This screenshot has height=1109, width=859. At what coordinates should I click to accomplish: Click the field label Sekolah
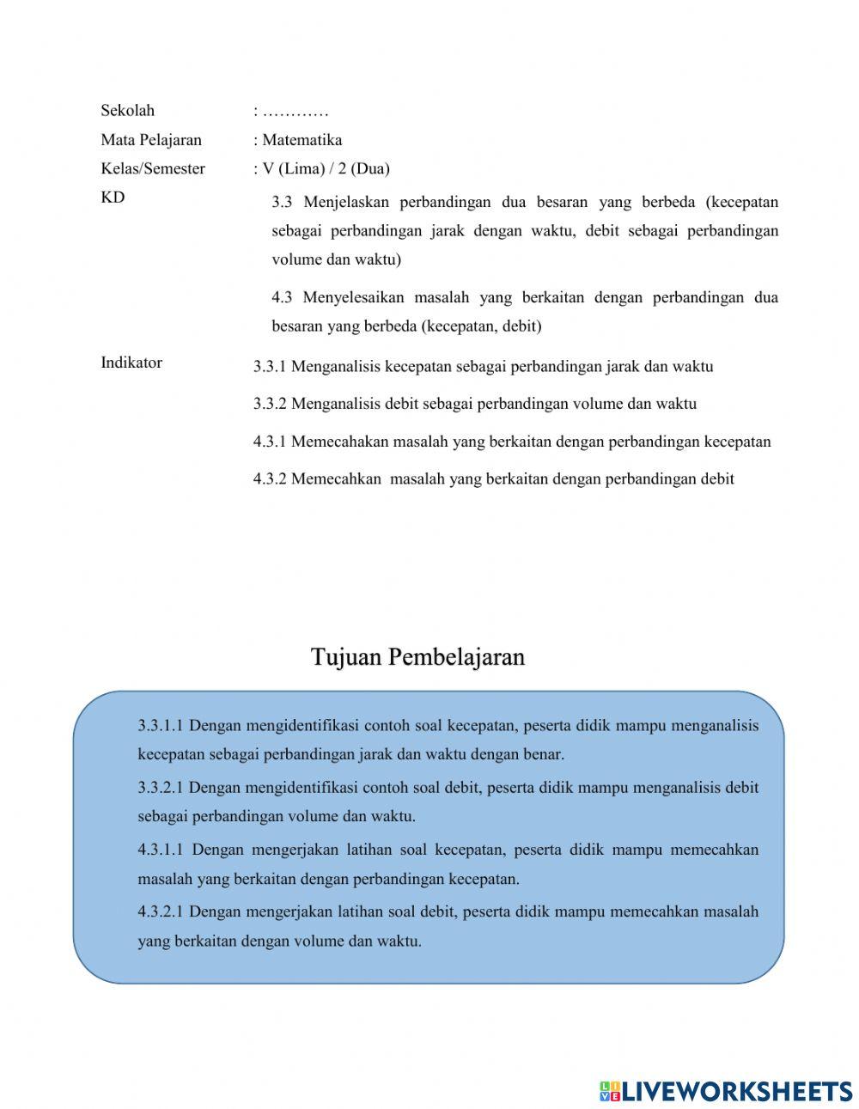tap(127, 110)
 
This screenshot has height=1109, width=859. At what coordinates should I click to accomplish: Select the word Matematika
tap(302, 140)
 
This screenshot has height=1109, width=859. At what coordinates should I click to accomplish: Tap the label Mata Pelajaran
tap(151, 140)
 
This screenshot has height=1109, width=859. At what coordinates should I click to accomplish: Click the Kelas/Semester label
tap(153, 168)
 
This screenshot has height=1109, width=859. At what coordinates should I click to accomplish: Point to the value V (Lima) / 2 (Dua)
tap(326, 168)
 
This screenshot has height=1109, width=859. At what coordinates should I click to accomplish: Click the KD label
tap(113, 198)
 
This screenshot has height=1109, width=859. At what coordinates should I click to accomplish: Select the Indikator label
tap(131, 363)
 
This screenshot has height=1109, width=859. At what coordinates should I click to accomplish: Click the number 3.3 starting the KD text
tap(282, 203)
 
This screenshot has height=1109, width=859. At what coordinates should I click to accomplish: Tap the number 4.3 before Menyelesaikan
tap(282, 297)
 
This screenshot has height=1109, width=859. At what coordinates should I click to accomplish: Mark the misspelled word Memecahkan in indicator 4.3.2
tap(336, 479)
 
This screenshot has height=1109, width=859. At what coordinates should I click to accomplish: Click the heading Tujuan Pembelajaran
tap(417, 657)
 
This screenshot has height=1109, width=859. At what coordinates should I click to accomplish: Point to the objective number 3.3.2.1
tap(160, 788)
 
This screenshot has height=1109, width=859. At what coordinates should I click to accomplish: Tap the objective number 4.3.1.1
tap(161, 850)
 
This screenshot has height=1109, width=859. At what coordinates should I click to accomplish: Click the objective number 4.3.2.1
tap(160, 911)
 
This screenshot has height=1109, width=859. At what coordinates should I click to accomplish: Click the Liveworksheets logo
tap(726, 1091)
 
